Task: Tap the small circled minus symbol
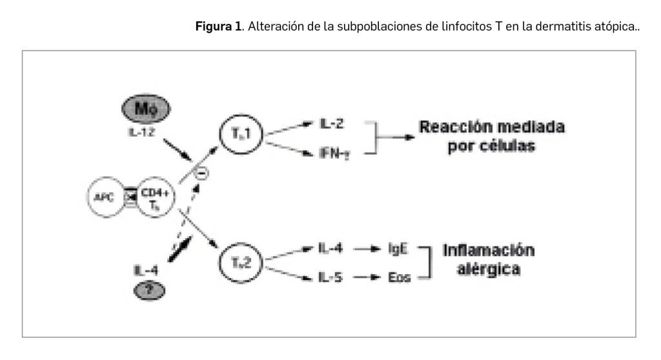click(x=201, y=172)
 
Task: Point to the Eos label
click(x=398, y=277)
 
